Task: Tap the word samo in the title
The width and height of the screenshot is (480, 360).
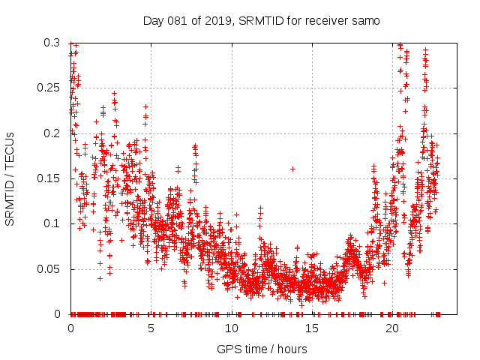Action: click(365, 21)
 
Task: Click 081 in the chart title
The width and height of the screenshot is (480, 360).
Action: click(175, 21)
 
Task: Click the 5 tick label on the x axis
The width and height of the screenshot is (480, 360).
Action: click(151, 328)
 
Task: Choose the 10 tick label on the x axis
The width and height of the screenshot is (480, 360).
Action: click(232, 328)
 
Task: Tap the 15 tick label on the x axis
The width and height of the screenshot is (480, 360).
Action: click(312, 328)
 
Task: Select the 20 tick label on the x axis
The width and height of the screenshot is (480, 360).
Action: click(392, 328)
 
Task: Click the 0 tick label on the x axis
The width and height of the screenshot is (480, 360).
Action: click(70, 328)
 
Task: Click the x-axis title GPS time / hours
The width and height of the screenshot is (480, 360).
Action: click(262, 349)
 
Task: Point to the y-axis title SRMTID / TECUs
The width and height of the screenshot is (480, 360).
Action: click(10, 178)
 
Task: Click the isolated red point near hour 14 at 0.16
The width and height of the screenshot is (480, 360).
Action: click(292, 168)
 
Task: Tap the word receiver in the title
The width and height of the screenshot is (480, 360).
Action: click(322, 21)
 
